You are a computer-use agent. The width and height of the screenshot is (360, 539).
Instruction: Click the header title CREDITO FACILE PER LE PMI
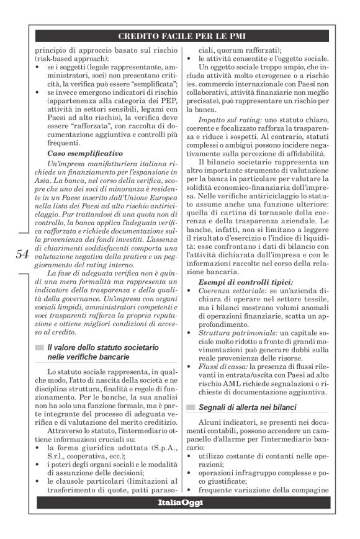tap(186, 36)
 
